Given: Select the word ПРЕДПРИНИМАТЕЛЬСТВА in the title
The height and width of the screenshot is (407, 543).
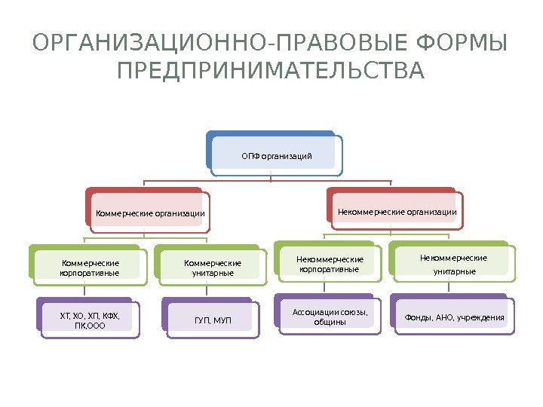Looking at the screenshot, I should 271,72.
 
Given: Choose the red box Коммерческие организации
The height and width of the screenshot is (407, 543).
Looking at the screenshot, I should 150,213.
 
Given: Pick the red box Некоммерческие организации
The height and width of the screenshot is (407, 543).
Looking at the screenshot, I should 397,212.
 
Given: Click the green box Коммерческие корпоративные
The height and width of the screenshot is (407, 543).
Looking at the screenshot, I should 89,268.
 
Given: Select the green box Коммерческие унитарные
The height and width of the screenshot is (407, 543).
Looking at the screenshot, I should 213,268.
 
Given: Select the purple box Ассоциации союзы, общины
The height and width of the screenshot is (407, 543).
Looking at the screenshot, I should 329,317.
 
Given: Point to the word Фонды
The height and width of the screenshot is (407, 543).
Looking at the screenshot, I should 419,317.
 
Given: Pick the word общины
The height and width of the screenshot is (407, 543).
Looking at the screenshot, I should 330,323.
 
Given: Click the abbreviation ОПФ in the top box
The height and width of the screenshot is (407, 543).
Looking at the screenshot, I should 250,156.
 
